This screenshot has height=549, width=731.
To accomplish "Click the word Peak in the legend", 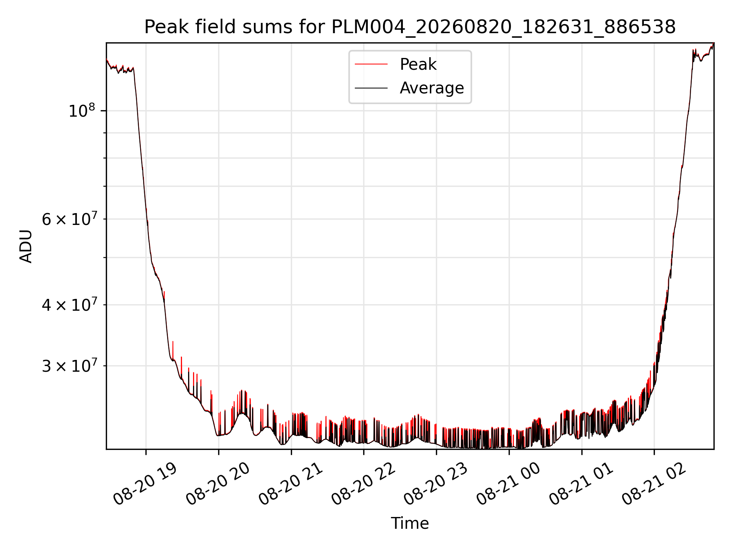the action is click(x=418, y=64).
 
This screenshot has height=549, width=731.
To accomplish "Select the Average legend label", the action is click(x=432, y=88).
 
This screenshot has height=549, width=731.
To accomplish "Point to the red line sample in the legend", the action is click(x=371, y=64).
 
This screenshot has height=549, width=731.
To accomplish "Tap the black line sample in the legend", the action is click(x=371, y=88).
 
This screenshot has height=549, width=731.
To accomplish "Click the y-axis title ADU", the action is click(x=26, y=246).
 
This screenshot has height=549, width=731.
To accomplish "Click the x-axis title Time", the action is click(x=410, y=523).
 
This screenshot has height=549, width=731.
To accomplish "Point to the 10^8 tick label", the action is click(x=81, y=111).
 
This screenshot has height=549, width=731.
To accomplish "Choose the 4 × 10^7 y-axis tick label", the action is click(x=69, y=305).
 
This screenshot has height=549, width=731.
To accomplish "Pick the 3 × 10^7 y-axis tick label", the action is click(x=69, y=366).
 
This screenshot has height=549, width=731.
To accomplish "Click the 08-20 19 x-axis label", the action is click(x=145, y=484).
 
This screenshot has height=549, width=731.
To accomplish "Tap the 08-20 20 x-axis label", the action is click(x=218, y=484).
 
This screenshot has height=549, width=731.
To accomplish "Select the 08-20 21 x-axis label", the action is click(x=291, y=484).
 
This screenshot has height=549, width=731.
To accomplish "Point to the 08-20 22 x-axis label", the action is click(x=364, y=484).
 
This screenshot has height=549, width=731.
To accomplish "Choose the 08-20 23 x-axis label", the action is click(x=436, y=484).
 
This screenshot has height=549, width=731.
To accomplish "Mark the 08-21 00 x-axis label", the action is click(x=509, y=484).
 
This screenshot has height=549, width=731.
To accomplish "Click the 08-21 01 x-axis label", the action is click(x=581, y=484).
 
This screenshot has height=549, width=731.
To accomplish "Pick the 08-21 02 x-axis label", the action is click(x=654, y=484).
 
